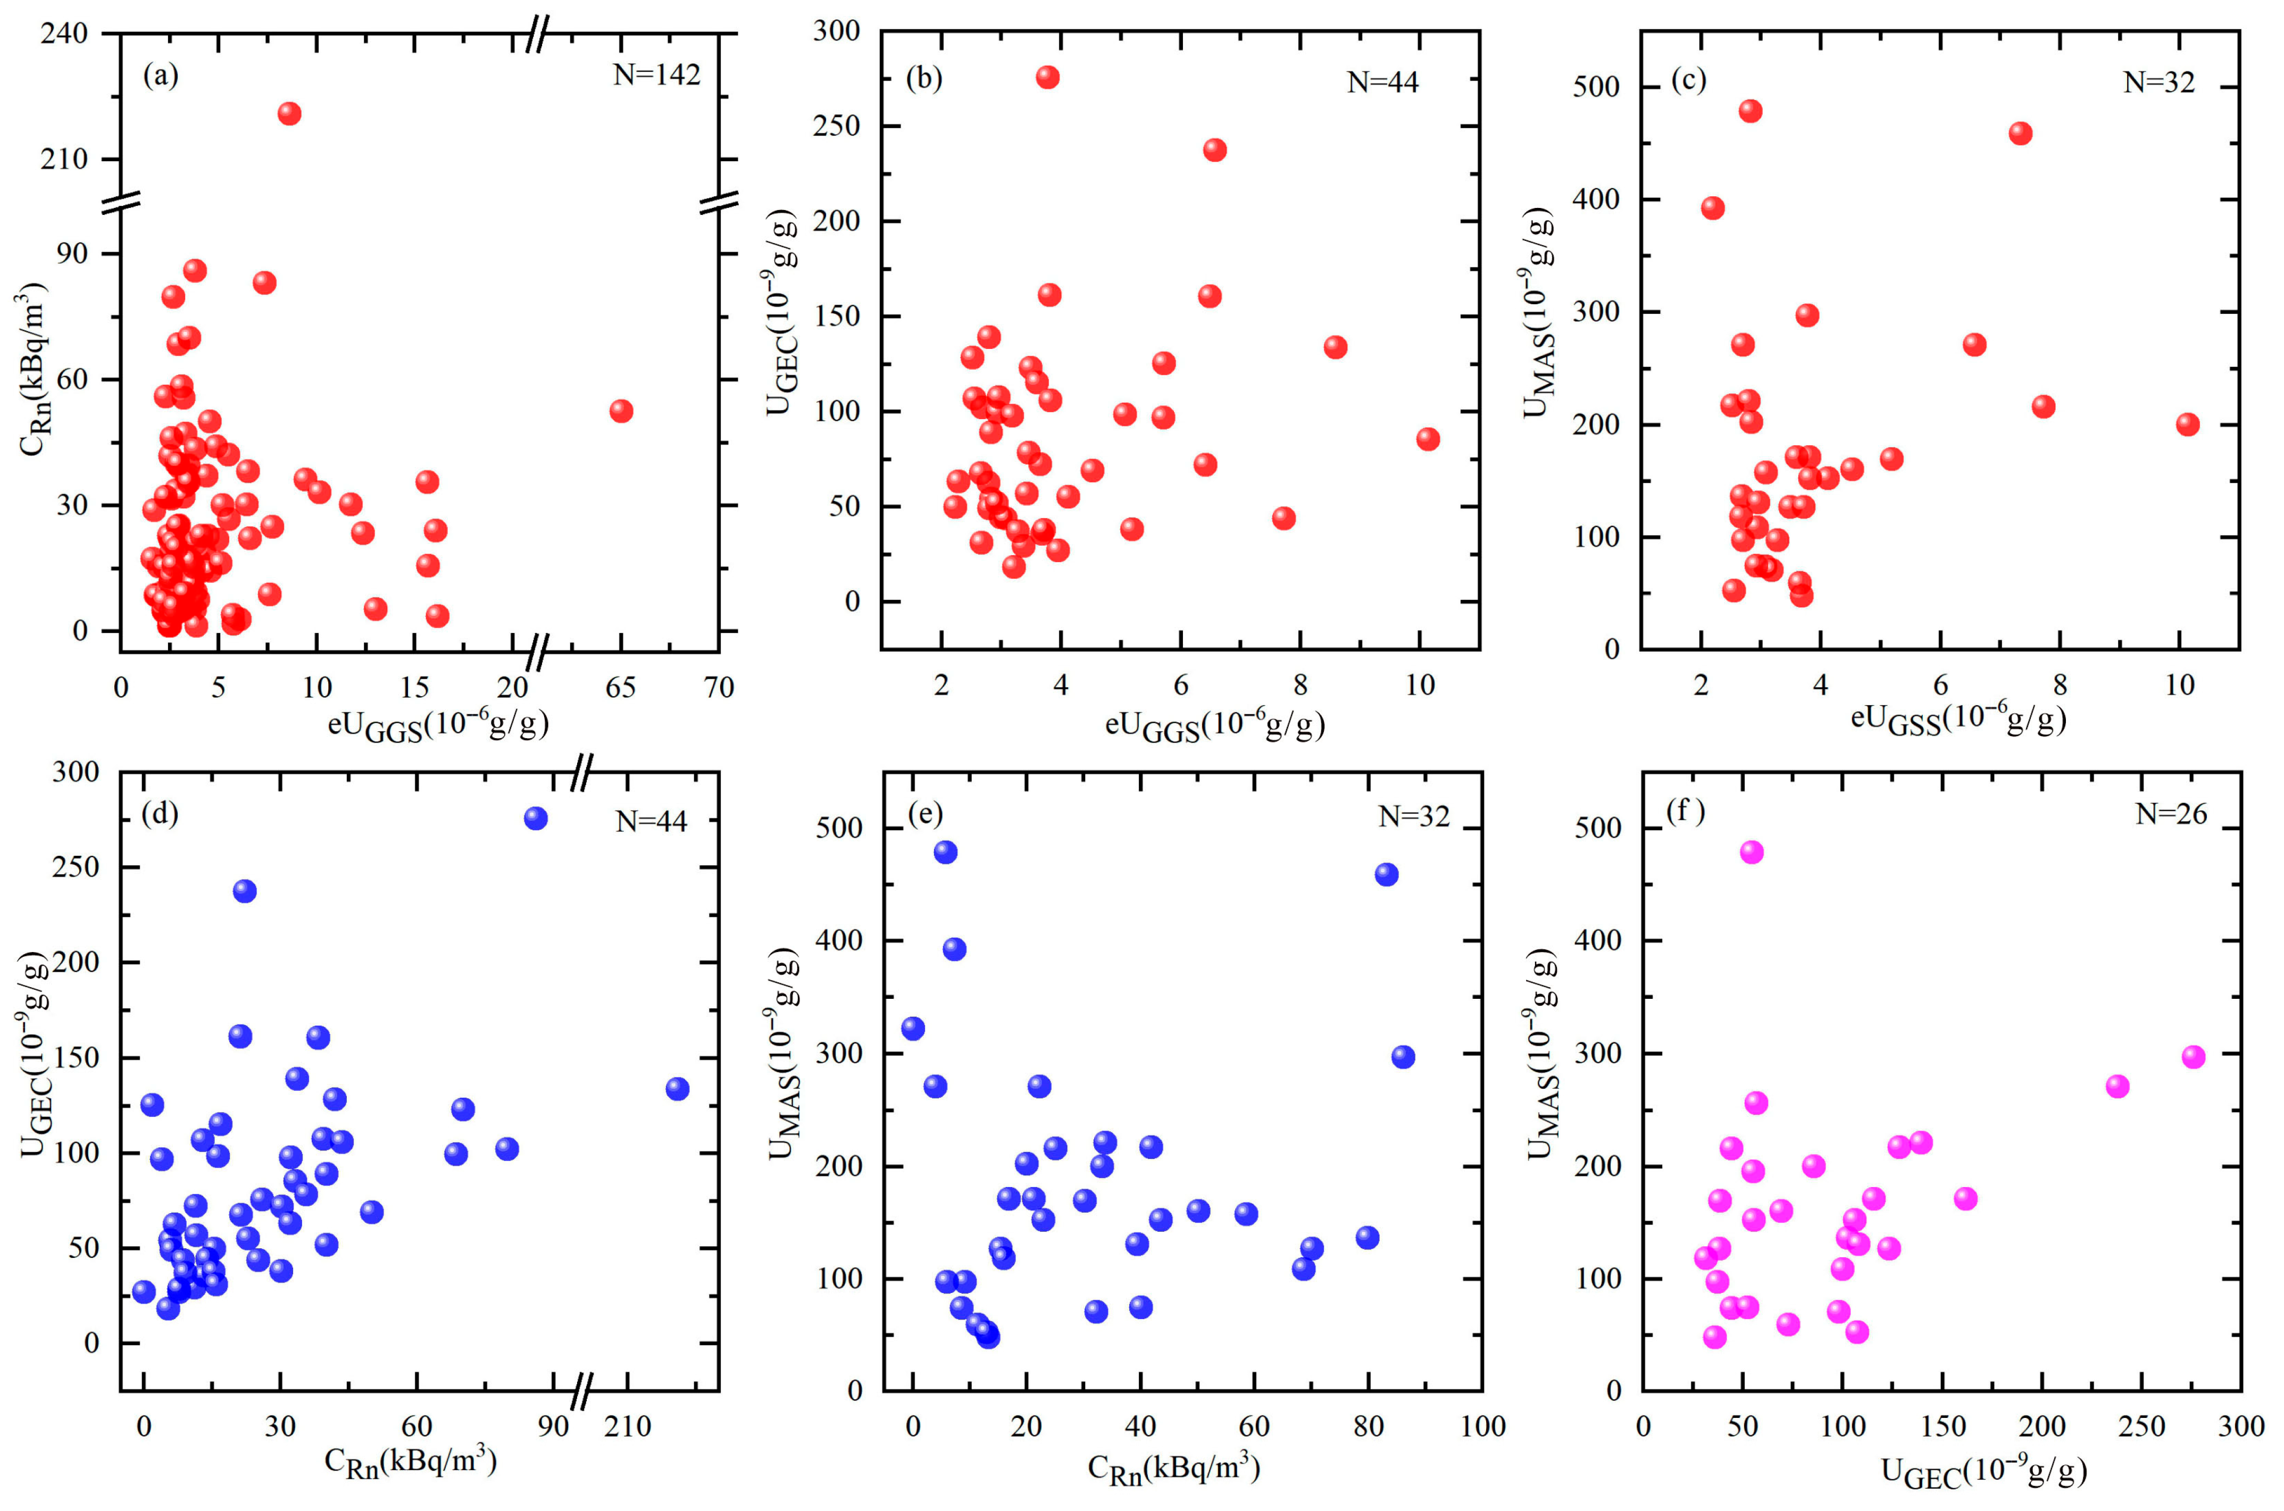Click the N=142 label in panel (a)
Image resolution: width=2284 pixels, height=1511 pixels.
click(656, 75)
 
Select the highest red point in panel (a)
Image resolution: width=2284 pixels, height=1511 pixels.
click(289, 114)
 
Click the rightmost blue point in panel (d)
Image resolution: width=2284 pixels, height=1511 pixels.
click(678, 1089)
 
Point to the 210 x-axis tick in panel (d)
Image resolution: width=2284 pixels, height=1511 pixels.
click(627, 1427)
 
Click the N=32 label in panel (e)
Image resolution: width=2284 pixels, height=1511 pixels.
click(1414, 817)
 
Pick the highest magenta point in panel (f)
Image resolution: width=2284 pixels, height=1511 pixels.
click(1752, 853)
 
